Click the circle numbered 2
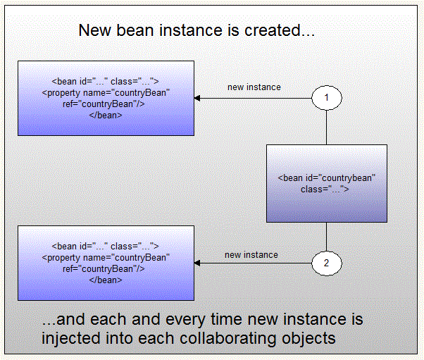[327, 263]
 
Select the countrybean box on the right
[327, 183]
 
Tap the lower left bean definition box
[106, 263]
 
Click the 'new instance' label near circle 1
[254, 87]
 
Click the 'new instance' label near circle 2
[251, 254]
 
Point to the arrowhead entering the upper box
[199, 99]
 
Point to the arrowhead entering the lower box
[199, 263]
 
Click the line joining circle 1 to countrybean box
[327, 128]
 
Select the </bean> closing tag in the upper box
[106, 115]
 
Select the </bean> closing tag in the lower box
[106, 280]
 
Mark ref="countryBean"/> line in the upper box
[106, 104]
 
